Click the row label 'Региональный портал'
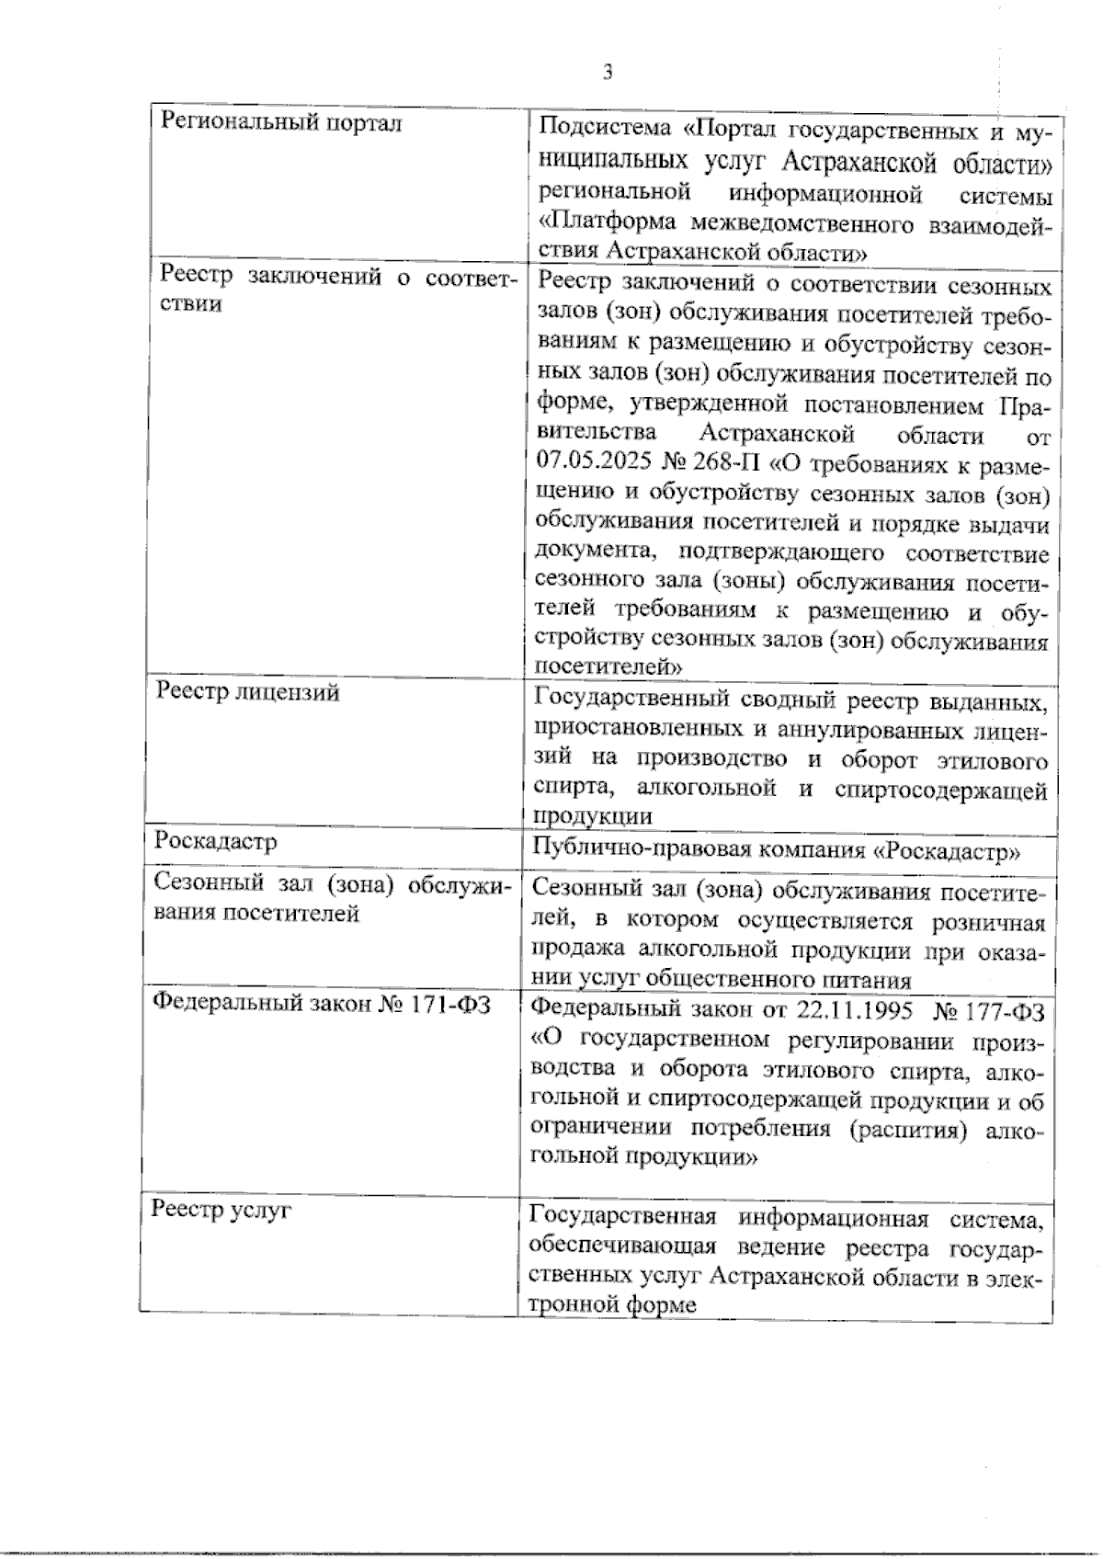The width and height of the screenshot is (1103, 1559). [x=281, y=122]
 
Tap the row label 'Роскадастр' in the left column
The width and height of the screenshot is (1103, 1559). [x=216, y=841]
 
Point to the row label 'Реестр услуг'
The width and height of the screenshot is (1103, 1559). [x=222, y=1210]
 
